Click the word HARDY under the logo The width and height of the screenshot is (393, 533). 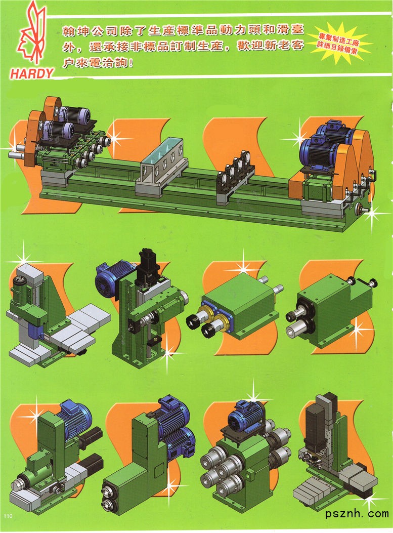pyautogui.click(x=31, y=73)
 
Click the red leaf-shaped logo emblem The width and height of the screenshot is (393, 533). pyautogui.click(x=31, y=34)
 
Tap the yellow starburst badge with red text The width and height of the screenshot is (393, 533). pyautogui.click(x=340, y=42)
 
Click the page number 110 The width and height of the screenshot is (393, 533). pyautogui.click(x=8, y=516)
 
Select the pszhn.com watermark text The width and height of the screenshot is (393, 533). pyautogui.click(x=357, y=513)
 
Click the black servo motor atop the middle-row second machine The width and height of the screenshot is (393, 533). pyautogui.click(x=148, y=266)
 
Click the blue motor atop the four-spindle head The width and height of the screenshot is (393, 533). pyautogui.click(x=244, y=417)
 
